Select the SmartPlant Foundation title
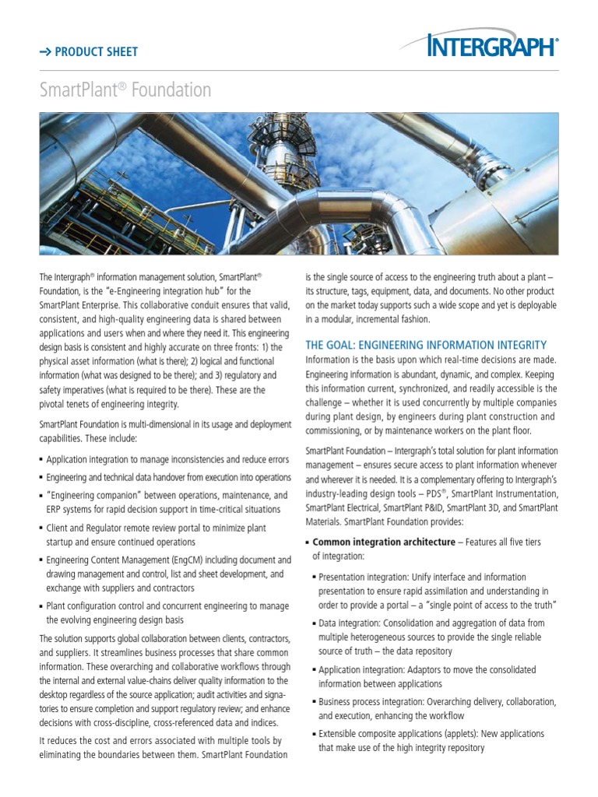point(125,90)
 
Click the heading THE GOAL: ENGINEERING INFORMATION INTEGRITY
point(426,345)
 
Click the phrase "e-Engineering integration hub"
point(149,291)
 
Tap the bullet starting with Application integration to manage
point(167,459)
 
